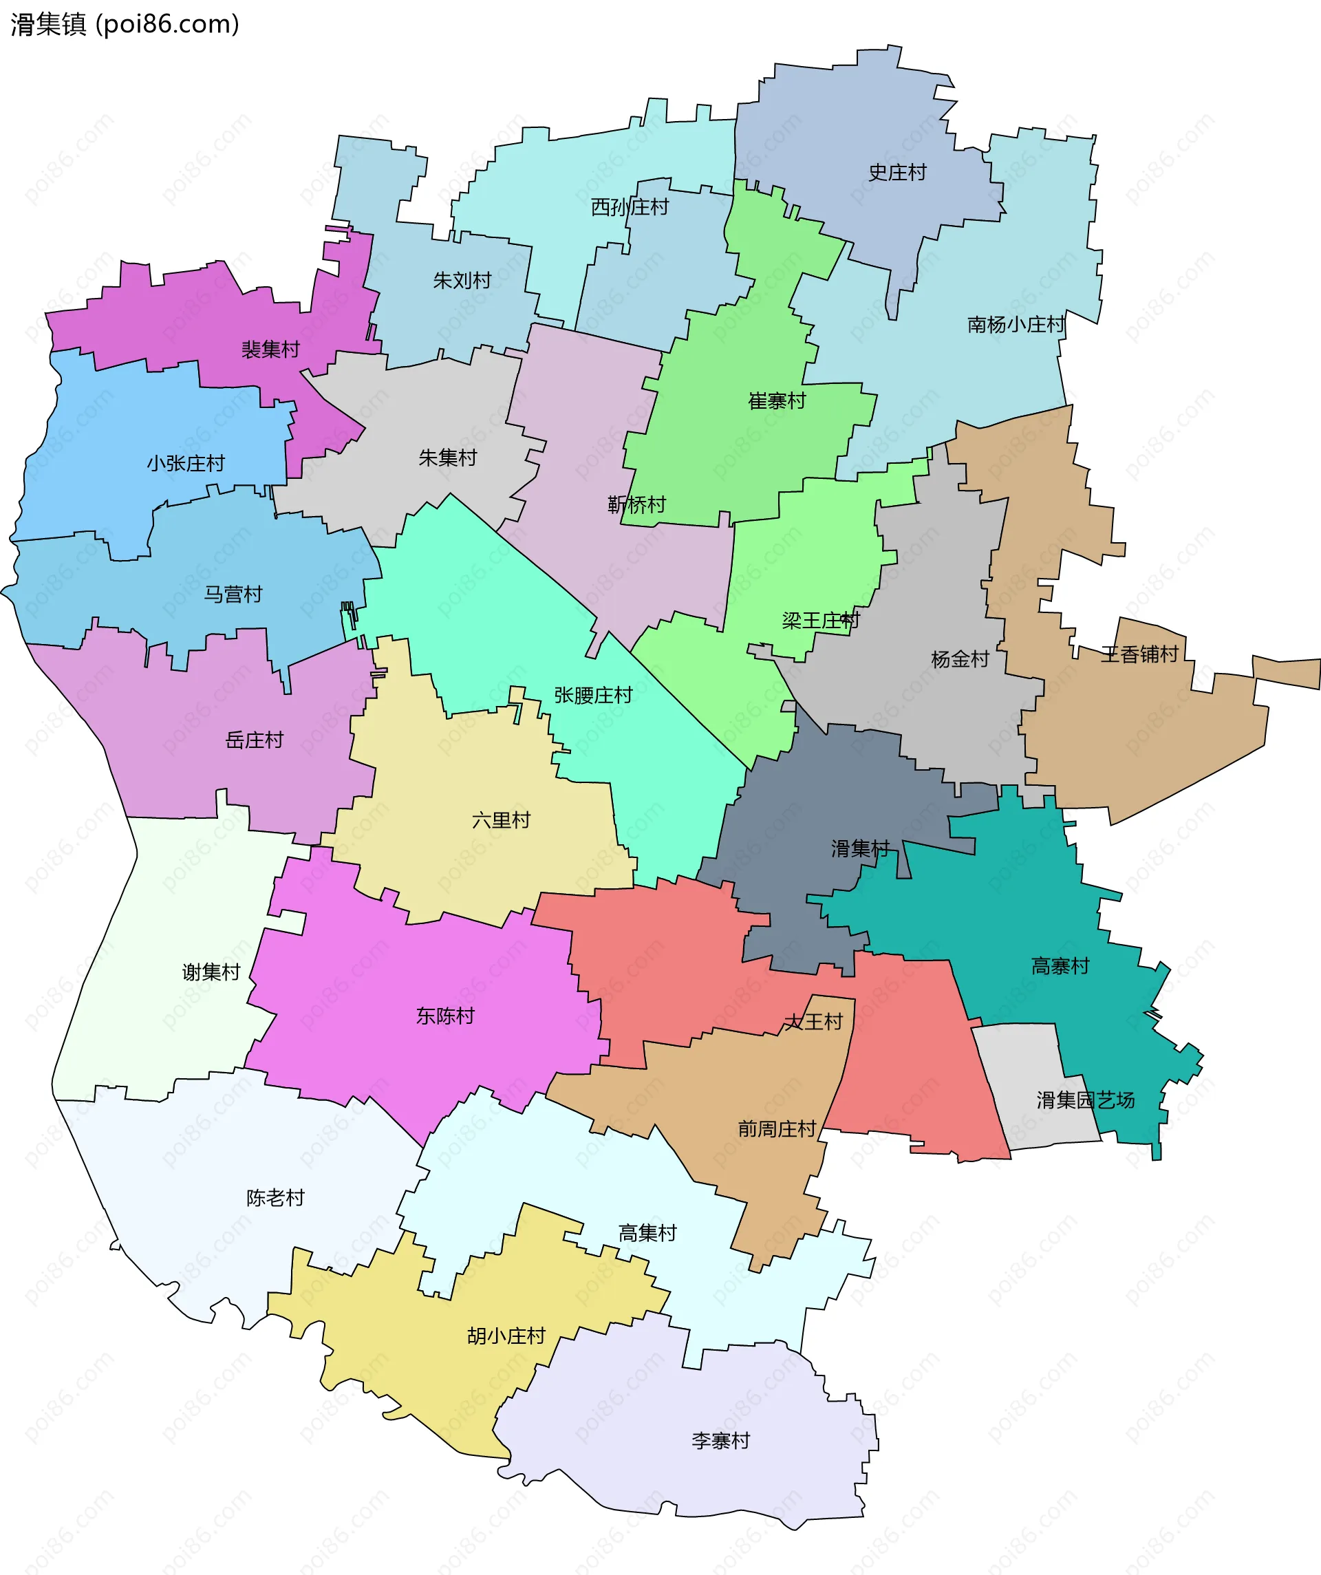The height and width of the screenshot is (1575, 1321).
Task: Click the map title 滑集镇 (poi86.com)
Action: [125, 25]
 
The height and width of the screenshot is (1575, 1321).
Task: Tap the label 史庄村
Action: [897, 173]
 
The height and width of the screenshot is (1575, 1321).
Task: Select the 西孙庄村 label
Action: [630, 207]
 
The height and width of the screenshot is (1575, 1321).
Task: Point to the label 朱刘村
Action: [462, 281]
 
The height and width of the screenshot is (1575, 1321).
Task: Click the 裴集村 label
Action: [270, 350]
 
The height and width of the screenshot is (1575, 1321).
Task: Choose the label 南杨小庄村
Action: [1016, 325]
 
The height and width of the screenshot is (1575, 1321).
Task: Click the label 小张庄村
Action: [186, 464]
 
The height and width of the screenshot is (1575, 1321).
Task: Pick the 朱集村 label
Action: [448, 458]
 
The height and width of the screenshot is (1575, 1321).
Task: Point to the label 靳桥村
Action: [637, 505]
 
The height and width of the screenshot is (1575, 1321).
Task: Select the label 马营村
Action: [233, 594]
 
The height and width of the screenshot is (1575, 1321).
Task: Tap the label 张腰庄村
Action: [593, 695]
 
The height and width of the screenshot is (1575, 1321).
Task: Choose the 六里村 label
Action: [501, 820]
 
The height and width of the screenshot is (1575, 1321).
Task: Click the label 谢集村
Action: [211, 972]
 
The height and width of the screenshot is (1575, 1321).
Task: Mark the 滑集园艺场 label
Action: [1086, 1100]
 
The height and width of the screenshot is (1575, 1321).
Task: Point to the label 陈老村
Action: [275, 1198]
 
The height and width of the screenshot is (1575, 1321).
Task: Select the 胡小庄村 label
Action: [506, 1336]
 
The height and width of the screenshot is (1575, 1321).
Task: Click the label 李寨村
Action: [721, 1441]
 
